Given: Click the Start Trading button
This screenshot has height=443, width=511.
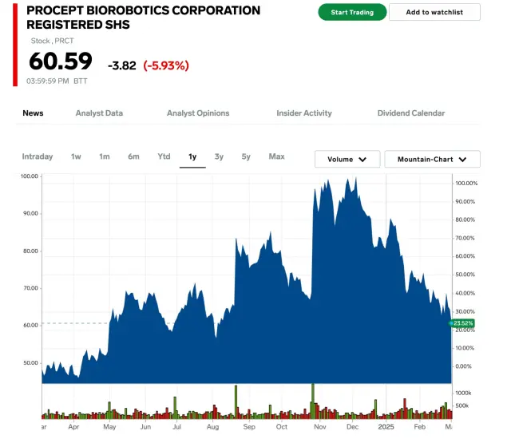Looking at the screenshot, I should tap(352, 12).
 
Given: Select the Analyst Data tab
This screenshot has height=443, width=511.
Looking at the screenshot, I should tap(99, 113).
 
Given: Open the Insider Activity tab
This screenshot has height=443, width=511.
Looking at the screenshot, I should tap(304, 113).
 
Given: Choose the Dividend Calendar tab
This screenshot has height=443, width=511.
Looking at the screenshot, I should tap(411, 113).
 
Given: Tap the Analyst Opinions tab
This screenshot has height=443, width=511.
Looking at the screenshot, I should tap(198, 113).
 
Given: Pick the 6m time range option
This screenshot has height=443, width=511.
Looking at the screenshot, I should tap(133, 156).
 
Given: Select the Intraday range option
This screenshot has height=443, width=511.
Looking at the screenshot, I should tap(38, 156).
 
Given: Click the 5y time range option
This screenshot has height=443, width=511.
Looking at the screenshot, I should tap(246, 156).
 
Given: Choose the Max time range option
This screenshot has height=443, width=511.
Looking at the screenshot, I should tap(276, 156).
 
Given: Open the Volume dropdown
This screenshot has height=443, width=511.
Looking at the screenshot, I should tap(347, 160).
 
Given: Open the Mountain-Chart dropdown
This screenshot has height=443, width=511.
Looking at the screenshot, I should tap(432, 160).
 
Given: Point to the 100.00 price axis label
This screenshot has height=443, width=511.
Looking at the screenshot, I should tap(30, 176).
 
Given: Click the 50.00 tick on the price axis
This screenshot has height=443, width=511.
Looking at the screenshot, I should tap(30, 362).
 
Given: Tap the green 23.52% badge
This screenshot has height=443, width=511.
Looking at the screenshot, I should tap(463, 323).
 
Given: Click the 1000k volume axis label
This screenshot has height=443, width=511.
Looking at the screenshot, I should tap(464, 394).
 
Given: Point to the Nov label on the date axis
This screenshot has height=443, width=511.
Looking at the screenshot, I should tap(317, 427).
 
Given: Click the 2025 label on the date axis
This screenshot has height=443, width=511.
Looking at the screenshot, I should tap(386, 427).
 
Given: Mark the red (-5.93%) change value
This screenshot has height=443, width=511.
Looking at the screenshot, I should tap(166, 65).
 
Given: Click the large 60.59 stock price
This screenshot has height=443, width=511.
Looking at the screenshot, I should tap(61, 61).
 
